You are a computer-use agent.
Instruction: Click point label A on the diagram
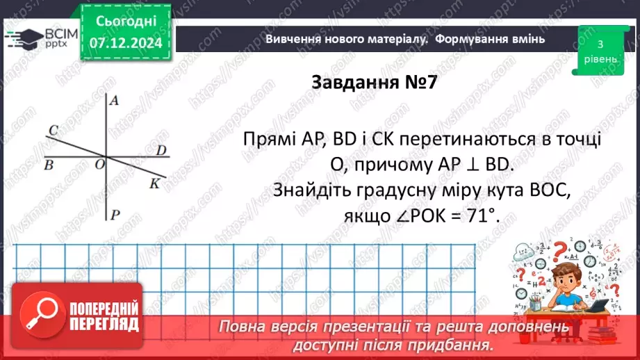(115, 101)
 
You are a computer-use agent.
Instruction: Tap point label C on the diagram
(52, 129)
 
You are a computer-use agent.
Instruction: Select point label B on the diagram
(48, 165)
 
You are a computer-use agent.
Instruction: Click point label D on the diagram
(161, 150)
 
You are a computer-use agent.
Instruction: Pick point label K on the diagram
(154, 183)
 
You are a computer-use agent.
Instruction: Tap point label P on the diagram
(116, 215)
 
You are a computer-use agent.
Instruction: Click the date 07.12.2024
(126, 43)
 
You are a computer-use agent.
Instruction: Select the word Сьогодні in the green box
(126, 22)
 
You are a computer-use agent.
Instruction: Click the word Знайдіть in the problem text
(312, 191)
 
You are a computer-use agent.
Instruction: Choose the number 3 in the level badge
(599, 44)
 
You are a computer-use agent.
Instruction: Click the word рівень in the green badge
(599, 59)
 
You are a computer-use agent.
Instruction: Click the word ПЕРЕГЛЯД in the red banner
(104, 325)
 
